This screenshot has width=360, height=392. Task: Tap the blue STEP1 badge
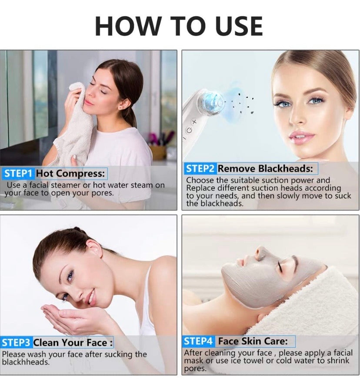click(18, 174)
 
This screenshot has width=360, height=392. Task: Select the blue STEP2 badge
click(200, 168)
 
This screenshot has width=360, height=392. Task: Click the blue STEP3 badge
click(17, 342)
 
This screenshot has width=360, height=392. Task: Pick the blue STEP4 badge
click(198, 341)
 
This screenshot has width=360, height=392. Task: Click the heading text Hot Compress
click(70, 174)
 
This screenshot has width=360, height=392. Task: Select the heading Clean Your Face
click(73, 342)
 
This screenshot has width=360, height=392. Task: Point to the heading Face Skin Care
click(253, 341)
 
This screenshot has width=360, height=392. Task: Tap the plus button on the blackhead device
click(194, 122)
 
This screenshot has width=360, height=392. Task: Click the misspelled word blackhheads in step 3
click(26, 362)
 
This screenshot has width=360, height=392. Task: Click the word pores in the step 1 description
click(100, 193)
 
